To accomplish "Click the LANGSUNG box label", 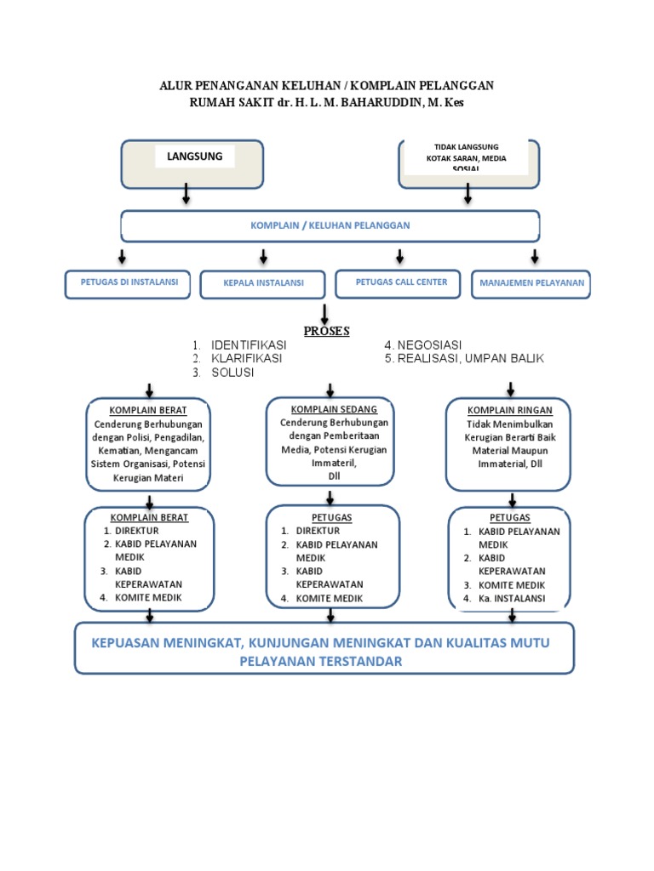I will click(195, 157).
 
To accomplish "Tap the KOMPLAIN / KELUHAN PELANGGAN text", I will click(330, 225).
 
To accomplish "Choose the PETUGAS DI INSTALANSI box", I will click(123, 283).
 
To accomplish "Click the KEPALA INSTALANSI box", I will click(263, 283).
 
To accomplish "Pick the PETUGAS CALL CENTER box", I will click(401, 282).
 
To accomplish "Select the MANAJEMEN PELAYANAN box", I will click(531, 283).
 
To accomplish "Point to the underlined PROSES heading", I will click(326, 331).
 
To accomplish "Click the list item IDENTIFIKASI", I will click(249, 345).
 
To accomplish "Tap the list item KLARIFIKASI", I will click(247, 359).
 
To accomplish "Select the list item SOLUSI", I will click(232, 373).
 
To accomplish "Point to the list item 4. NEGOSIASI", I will click(422, 345).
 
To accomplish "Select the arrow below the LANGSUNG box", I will click(186, 196).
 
